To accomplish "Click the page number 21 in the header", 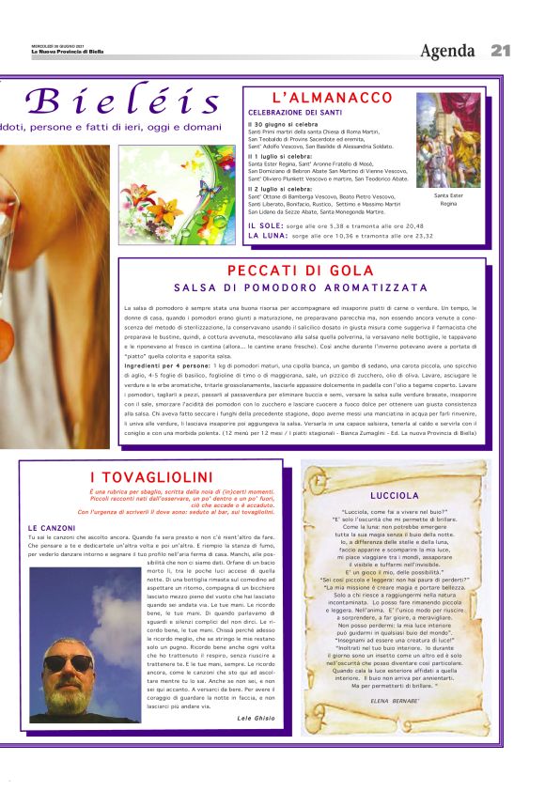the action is pos(501,50).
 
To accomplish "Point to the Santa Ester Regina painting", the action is pos(447,140).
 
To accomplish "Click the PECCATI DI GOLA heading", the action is pos(301,271).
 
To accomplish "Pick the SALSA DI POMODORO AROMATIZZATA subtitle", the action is pos(301,287).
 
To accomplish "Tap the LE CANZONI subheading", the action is pos(52,527).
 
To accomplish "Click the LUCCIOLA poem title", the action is pos(395,494).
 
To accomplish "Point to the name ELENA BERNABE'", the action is pos(395,701).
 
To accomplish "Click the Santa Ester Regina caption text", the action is pos(448,199).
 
